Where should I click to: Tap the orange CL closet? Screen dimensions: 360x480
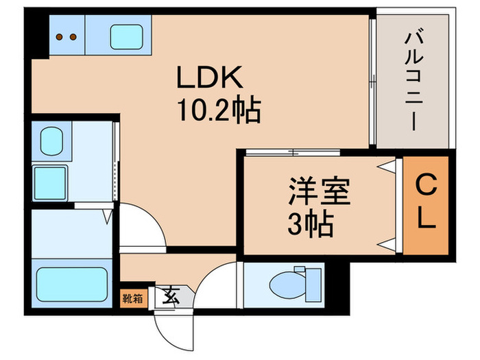coord(426,204)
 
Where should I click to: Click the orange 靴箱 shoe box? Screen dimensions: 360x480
coord(134,298)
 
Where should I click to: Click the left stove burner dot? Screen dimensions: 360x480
coord(59,36)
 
